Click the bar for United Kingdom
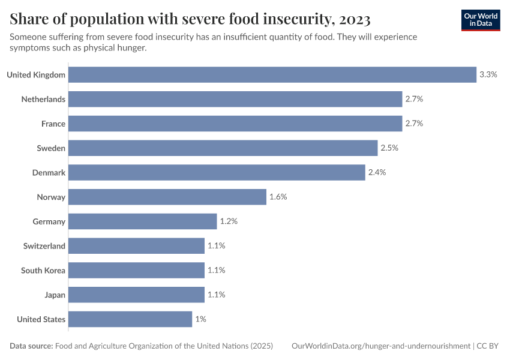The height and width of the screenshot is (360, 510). pos(272,74)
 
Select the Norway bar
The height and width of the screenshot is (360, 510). pos(167,197)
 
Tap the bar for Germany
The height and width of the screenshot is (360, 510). pos(142,221)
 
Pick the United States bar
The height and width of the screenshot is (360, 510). pos(130,319)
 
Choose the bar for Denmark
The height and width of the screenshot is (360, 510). pos(217,172)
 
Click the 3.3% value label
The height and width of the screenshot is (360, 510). pos(488,74)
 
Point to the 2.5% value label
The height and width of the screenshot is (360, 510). pos(390,148)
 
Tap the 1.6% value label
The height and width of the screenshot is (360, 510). pos(278,197)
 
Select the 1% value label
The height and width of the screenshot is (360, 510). pos(200,319)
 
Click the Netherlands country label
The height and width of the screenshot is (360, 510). pos(43,99)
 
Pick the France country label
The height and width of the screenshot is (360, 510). pos(53,124)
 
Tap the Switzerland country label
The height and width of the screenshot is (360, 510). pos(44,246)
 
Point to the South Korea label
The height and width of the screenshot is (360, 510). pos(43,271)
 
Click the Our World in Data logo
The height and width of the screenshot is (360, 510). pos(481,20)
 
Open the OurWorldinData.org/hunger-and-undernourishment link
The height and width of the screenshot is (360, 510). pos(381,346)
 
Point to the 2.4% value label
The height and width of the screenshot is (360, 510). pos(377,172)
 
